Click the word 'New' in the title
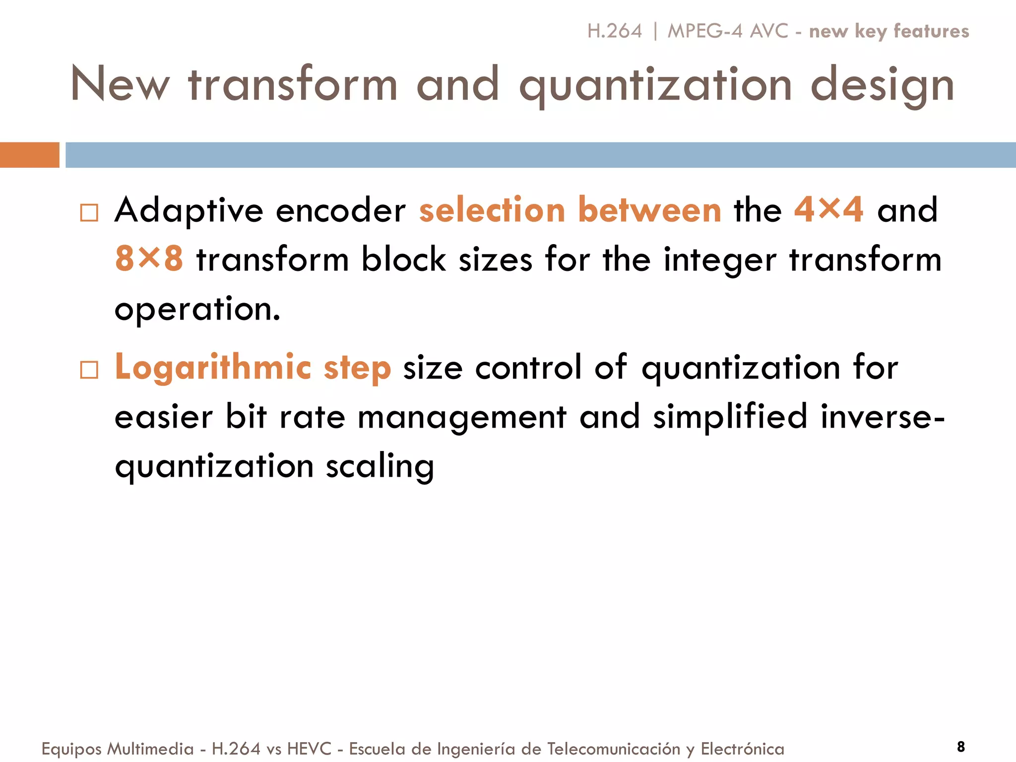(x=120, y=84)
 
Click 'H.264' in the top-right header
(x=614, y=31)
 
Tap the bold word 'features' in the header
(x=931, y=31)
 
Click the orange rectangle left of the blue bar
(x=29, y=155)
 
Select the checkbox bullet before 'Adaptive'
(x=89, y=213)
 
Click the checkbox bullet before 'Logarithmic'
(x=89, y=370)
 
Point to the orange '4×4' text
(x=828, y=210)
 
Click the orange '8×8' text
(x=149, y=259)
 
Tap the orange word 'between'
(x=649, y=210)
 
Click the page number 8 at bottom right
(x=961, y=747)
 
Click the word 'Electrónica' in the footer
(x=742, y=749)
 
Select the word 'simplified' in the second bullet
(x=730, y=417)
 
